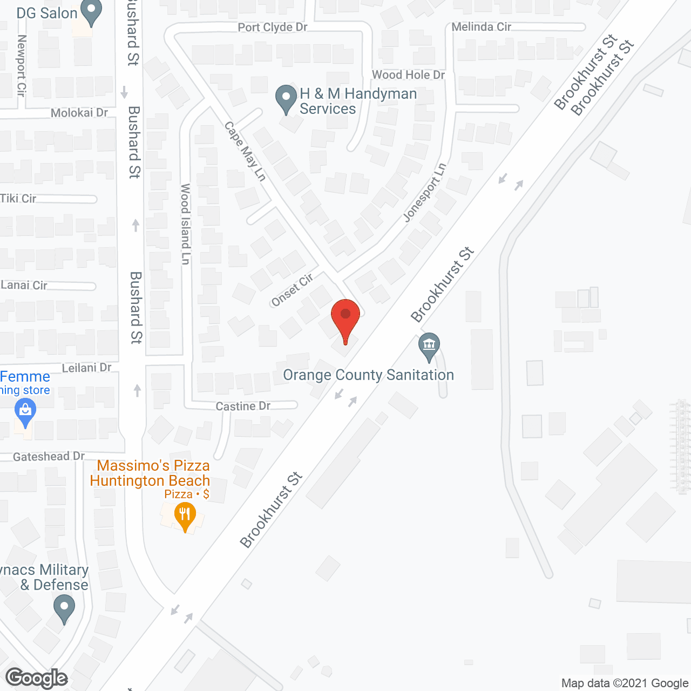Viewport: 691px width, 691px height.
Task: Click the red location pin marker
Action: (345, 319)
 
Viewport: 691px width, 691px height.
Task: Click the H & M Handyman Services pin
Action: (286, 99)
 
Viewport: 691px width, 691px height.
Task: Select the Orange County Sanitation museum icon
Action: (429, 347)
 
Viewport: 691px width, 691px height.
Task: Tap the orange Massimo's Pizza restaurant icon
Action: (185, 516)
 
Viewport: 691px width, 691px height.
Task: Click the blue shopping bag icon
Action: (25, 413)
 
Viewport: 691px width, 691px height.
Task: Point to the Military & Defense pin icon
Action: (64, 608)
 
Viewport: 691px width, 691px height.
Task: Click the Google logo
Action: (37, 678)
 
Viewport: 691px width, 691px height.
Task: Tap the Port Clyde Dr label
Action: (273, 27)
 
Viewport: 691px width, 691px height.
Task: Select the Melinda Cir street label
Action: (481, 26)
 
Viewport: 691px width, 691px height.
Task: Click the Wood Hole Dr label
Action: (408, 75)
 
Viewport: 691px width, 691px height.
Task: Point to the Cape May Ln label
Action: (246, 151)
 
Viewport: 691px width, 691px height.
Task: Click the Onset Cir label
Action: (292, 290)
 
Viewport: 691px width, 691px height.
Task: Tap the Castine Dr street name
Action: (243, 406)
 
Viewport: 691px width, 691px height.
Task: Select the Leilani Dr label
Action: (86, 368)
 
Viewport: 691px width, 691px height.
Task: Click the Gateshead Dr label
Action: (49, 457)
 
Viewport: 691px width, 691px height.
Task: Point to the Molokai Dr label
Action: (79, 113)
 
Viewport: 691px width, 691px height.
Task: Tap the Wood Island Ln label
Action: (185, 224)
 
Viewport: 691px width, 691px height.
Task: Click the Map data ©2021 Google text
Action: (625, 683)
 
